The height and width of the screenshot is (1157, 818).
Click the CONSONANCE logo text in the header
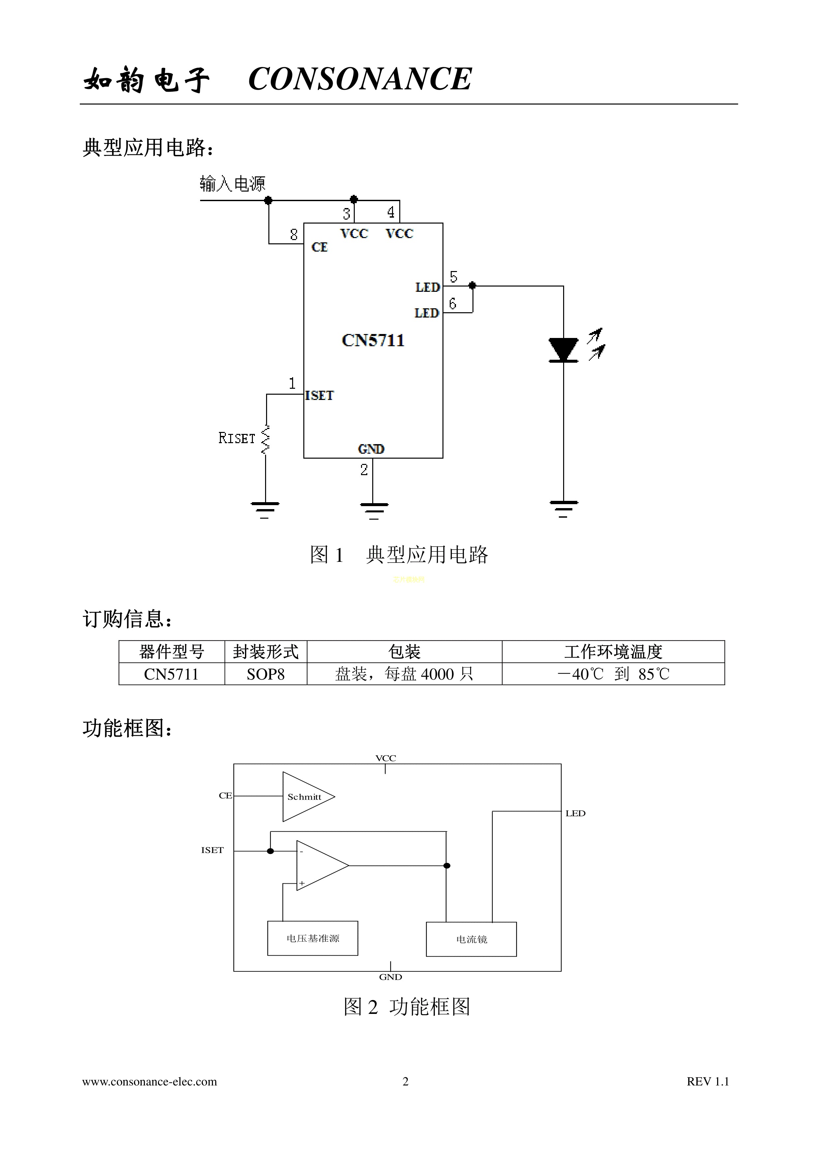(360, 79)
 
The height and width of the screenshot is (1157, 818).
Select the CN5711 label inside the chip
(373, 340)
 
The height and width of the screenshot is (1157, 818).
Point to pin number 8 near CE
(294, 235)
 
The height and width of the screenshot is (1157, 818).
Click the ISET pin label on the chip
(319, 396)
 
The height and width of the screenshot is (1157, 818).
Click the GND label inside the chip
(371, 449)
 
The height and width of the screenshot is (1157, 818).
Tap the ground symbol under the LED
(563, 508)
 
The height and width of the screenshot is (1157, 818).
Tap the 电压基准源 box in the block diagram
(313, 938)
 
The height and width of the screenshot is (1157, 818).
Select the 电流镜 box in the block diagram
(471, 939)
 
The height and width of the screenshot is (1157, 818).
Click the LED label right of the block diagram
(575, 813)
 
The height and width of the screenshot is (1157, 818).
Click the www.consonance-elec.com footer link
(150, 1081)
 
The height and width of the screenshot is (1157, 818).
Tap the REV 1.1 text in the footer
(708, 1081)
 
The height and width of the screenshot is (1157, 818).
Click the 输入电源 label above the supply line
(232, 184)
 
